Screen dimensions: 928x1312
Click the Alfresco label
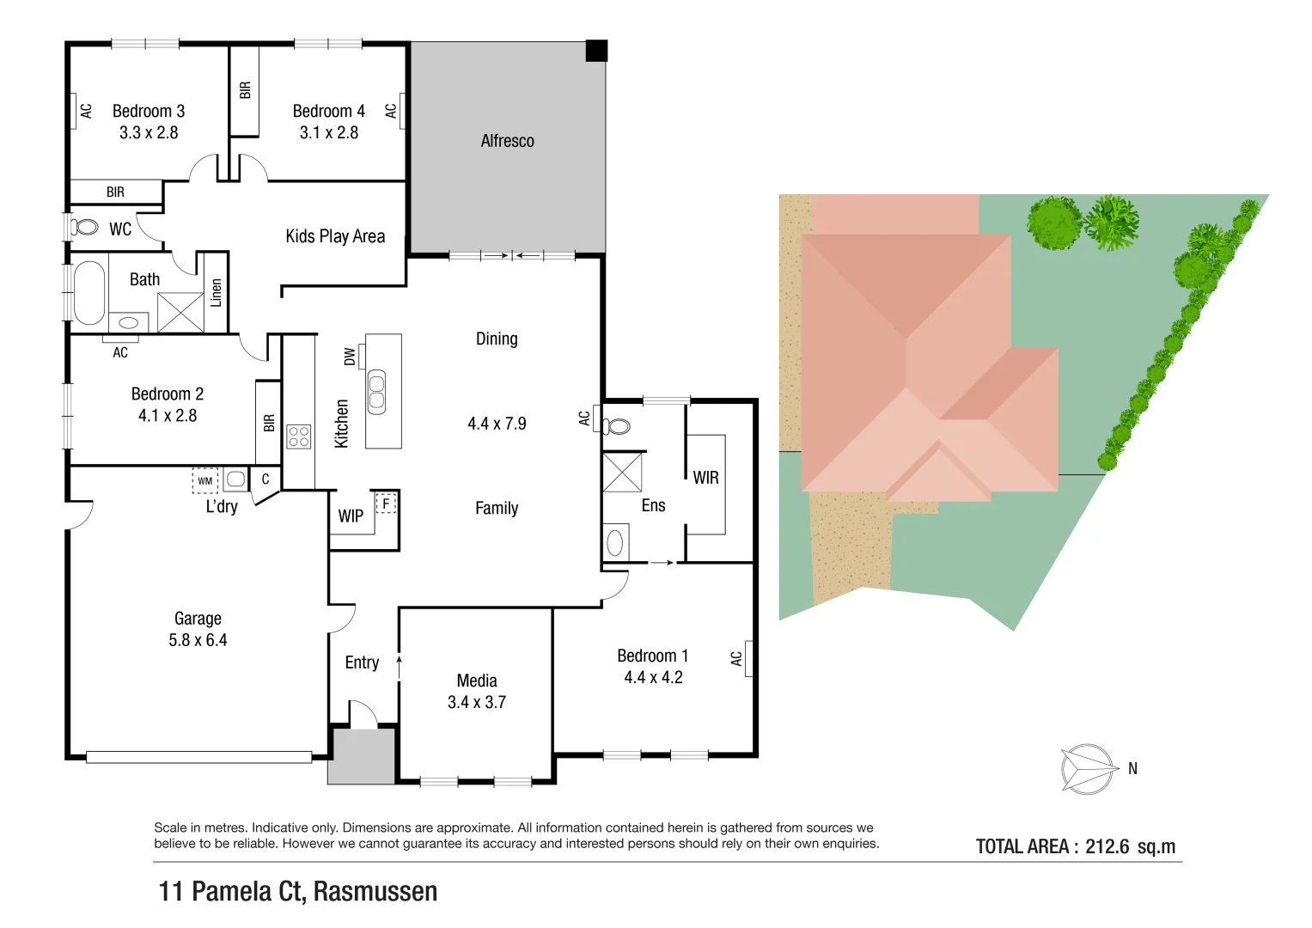(507, 141)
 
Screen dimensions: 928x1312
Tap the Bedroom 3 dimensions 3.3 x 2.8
(149, 133)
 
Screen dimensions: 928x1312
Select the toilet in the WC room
(84, 228)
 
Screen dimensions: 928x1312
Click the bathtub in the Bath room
(88, 292)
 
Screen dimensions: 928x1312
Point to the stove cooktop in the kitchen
(298, 437)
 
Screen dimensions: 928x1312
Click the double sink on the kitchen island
(376, 392)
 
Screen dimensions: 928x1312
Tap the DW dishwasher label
(350, 357)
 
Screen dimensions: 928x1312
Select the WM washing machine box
(205, 480)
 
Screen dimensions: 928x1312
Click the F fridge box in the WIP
(387, 504)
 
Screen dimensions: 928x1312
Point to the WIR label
(705, 478)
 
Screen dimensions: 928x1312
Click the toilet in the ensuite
(616, 426)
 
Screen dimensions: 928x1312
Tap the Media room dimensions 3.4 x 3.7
(477, 703)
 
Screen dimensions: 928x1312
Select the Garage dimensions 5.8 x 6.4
(198, 640)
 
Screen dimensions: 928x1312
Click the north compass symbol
(1089, 768)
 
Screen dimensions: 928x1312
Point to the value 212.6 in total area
(1107, 846)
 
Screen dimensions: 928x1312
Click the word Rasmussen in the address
(375, 892)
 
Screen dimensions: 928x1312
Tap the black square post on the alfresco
(596, 51)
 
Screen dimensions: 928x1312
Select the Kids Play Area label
(335, 236)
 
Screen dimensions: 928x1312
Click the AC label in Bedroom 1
(736, 658)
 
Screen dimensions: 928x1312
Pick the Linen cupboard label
(217, 292)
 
